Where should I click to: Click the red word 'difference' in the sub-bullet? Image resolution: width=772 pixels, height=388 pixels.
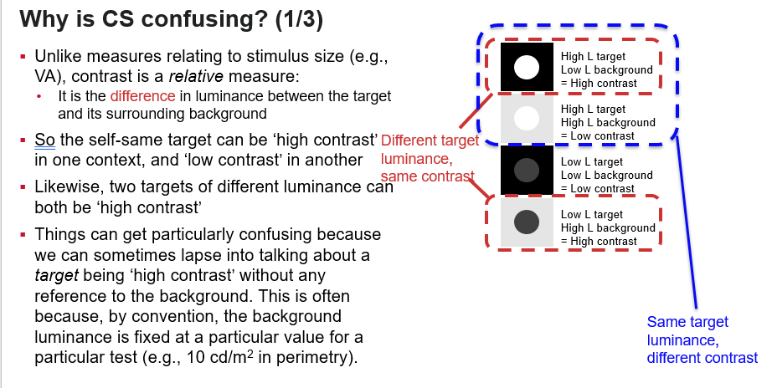click(142, 96)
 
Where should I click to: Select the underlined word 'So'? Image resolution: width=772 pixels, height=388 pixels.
click(44, 140)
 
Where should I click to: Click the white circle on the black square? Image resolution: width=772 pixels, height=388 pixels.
click(527, 66)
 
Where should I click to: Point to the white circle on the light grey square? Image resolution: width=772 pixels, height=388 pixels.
click(527, 118)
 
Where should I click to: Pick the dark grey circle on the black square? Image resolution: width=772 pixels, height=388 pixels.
click(527, 170)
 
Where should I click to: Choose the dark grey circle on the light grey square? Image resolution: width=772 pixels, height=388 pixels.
click(527, 222)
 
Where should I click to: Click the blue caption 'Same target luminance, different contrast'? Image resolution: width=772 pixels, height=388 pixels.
click(702, 339)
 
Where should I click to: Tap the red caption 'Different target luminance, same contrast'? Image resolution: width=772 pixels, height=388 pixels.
click(430, 158)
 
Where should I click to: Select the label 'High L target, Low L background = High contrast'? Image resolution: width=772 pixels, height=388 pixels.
click(608, 70)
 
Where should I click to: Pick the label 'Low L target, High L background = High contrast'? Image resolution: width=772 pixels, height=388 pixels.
click(608, 228)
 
